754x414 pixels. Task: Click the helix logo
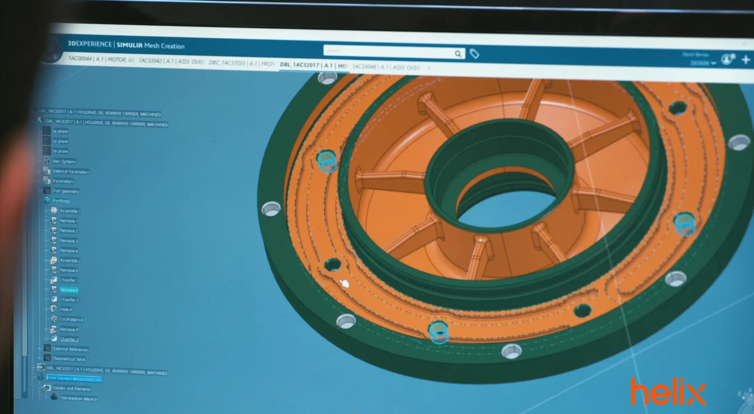click(668, 392)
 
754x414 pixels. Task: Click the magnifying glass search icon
click(458, 54)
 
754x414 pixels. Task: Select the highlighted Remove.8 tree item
click(69, 290)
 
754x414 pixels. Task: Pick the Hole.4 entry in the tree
click(66, 310)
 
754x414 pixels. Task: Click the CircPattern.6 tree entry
click(71, 319)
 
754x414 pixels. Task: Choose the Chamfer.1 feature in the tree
click(69, 280)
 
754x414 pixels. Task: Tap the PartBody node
click(61, 201)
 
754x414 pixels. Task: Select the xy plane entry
click(60, 131)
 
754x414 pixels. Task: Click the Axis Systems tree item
click(64, 162)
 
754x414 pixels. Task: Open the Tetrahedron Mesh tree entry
click(78, 399)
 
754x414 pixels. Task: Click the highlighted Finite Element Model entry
click(74, 379)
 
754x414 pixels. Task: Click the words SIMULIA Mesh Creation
click(151, 46)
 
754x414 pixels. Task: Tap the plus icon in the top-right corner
click(745, 60)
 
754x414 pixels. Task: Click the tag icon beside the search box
click(475, 54)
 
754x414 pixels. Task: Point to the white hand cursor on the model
click(344, 283)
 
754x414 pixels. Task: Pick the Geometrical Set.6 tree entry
click(69, 359)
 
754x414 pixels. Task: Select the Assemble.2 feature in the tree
click(70, 260)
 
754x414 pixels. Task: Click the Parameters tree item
click(63, 181)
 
